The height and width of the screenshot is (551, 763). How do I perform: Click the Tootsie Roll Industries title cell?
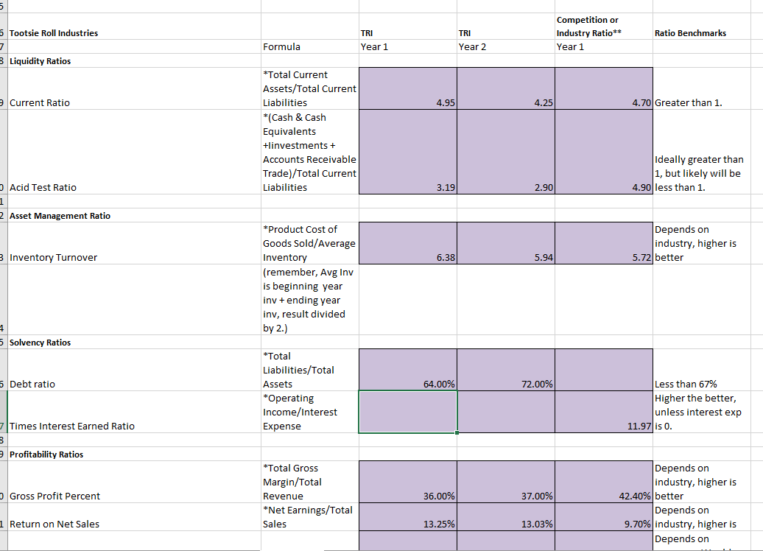(x=54, y=32)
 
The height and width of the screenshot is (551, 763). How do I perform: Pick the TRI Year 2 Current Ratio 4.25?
(x=542, y=103)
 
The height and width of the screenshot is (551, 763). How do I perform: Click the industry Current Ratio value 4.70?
(x=640, y=103)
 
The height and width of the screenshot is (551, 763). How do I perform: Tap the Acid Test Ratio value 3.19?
(x=444, y=188)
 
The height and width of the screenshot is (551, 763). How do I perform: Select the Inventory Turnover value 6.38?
(x=444, y=258)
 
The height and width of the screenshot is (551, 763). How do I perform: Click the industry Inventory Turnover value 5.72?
(x=640, y=258)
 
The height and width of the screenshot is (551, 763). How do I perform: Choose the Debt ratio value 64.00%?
(x=438, y=385)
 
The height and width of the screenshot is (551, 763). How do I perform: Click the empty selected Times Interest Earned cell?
(x=407, y=413)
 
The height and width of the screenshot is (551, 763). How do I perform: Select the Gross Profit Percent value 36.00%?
(x=438, y=496)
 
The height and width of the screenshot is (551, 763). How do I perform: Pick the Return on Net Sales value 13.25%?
(x=438, y=524)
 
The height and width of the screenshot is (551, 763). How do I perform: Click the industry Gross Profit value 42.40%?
(x=636, y=496)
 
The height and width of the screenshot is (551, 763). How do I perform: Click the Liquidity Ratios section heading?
(x=40, y=60)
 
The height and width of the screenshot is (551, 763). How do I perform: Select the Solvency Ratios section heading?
(x=40, y=343)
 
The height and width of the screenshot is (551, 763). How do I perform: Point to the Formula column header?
(x=281, y=46)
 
